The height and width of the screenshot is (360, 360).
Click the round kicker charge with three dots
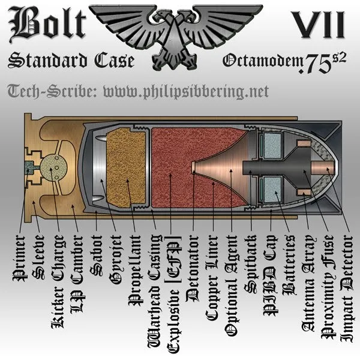52,166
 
